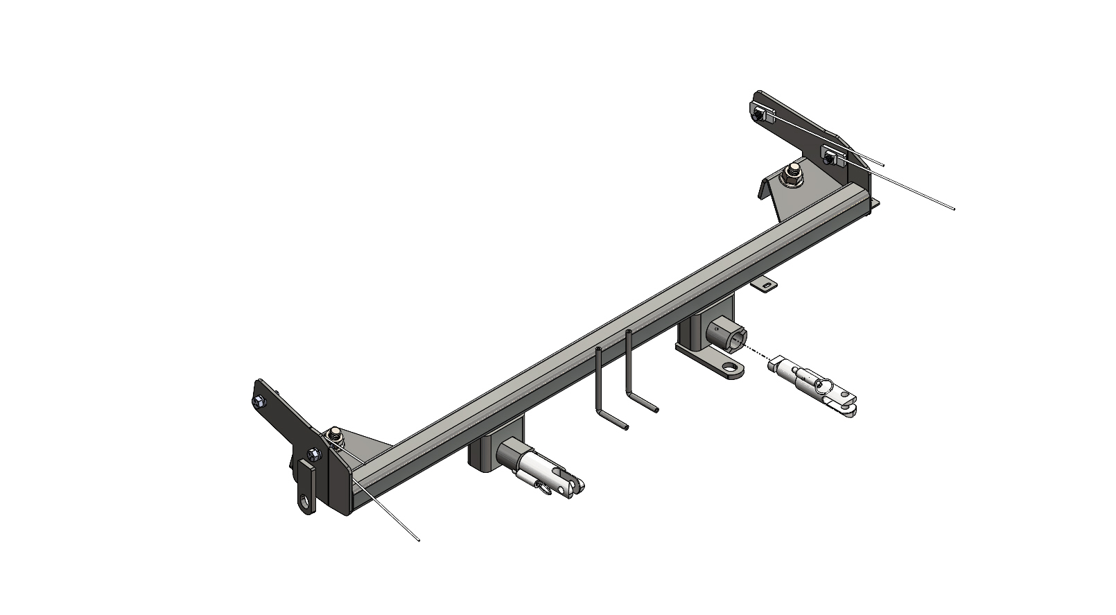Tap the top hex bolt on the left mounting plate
259,402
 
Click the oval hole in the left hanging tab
304,501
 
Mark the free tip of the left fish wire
419,540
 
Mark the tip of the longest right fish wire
954,207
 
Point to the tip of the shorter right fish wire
883,164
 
